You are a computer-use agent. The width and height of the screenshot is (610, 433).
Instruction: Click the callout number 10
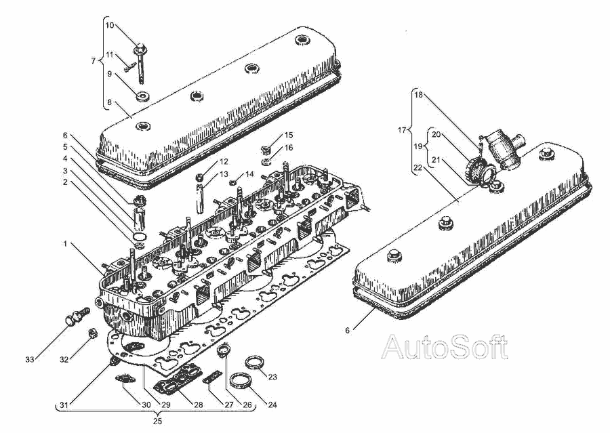point(110,25)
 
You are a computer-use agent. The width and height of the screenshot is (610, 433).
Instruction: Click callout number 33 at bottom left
point(30,360)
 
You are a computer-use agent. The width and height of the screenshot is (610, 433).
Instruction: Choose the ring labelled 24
point(240,380)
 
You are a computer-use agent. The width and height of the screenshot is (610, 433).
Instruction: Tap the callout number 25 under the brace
point(157,421)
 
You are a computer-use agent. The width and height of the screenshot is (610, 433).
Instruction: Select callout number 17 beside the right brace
point(402,130)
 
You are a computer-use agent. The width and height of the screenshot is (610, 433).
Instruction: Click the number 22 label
point(418,167)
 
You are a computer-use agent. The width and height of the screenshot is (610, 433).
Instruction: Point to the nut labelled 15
point(266,148)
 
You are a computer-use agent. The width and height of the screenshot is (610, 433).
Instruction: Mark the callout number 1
point(65,243)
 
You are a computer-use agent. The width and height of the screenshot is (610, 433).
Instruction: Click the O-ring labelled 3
point(140,236)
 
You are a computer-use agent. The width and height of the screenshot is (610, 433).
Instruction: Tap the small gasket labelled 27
point(212,376)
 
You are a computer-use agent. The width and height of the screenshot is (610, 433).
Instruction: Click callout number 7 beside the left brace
point(93,61)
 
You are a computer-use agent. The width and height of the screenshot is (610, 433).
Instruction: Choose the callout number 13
point(224,174)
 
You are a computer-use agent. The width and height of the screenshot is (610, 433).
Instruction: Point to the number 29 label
point(166,405)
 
